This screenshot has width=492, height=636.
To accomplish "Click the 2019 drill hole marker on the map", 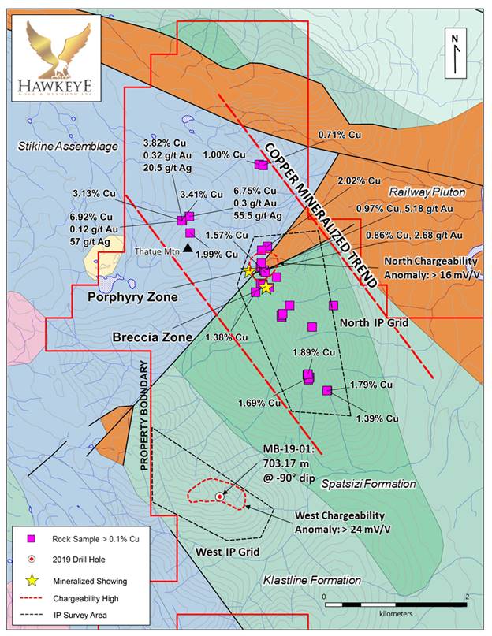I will pos(218,497).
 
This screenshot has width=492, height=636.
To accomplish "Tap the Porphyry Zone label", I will pos(132,297).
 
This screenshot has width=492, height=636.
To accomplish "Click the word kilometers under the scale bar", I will pos(397,610).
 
